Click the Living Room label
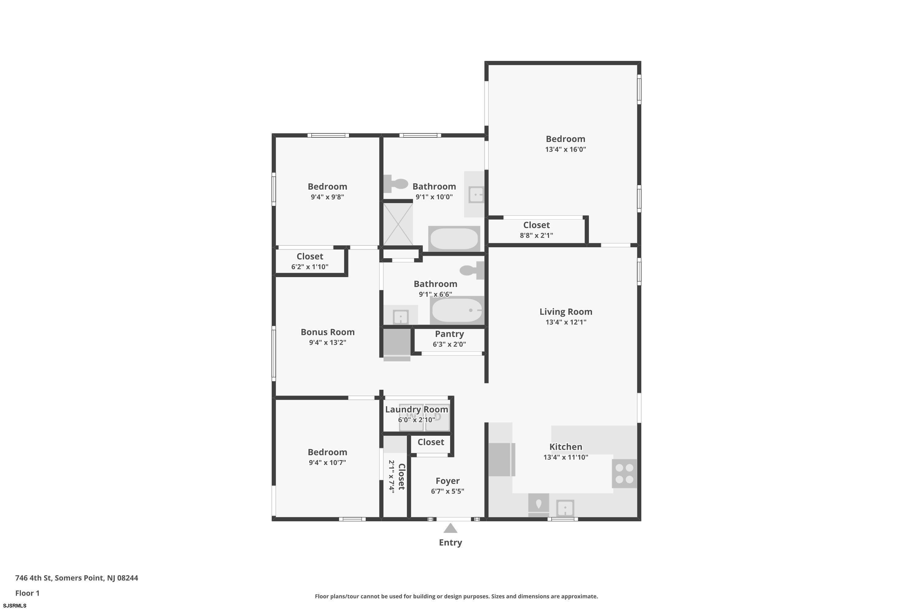pyautogui.click(x=565, y=312)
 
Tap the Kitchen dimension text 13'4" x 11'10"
pyautogui.click(x=565, y=457)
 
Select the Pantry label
pyautogui.click(x=449, y=334)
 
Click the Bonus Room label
pyautogui.click(x=328, y=332)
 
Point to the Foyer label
pyautogui.click(x=448, y=481)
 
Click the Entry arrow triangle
pyautogui.click(x=450, y=529)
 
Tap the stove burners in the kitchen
pyautogui.click(x=624, y=474)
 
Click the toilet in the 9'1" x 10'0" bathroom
pyautogui.click(x=396, y=183)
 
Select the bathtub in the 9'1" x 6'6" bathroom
pyautogui.click(x=457, y=310)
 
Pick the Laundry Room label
pyautogui.click(x=417, y=409)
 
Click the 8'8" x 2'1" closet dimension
pyautogui.click(x=537, y=235)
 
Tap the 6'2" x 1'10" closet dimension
pyautogui.click(x=310, y=267)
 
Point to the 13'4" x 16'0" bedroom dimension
pyautogui.click(x=565, y=150)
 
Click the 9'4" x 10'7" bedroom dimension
pyautogui.click(x=327, y=463)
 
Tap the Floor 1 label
pyautogui.click(x=27, y=593)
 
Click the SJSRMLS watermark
pyautogui.click(x=15, y=606)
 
